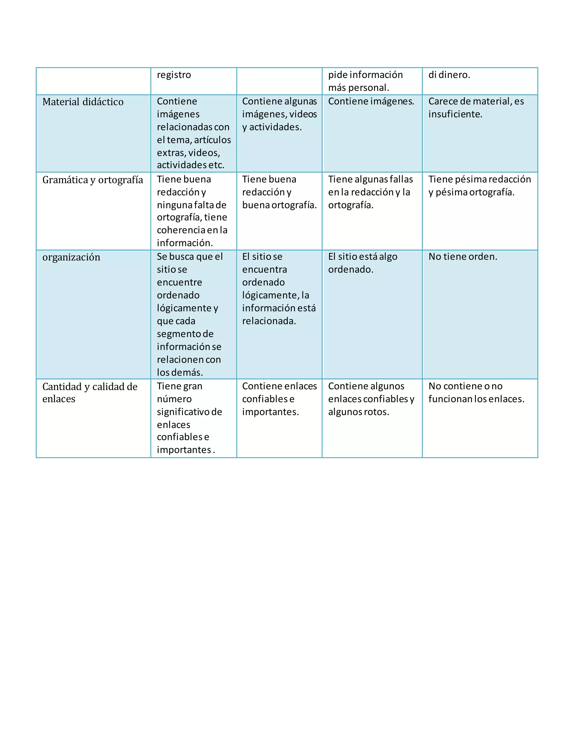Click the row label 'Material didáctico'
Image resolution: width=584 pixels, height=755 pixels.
click(x=83, y=102)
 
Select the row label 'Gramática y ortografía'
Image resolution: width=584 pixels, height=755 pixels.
click(x=92, y=180)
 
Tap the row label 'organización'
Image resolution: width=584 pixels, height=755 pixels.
click(x=71, y=257)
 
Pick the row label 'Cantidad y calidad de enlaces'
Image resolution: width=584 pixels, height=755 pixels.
click(x=90, y=393)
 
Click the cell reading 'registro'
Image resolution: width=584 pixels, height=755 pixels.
click(x=174, y=75)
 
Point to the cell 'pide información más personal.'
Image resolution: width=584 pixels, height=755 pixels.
click(x=365, y=81)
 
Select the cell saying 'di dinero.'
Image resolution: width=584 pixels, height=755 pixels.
click(x=449, y=75)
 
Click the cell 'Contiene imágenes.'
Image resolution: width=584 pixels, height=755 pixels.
click(x=371, y=102)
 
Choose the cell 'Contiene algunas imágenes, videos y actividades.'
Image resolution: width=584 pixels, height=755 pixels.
click(x=279, y=114)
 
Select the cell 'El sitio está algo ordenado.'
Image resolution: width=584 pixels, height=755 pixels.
click(x=363, y=263)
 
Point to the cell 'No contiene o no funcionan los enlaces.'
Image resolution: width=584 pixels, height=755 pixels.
click(x=476, y=393)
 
